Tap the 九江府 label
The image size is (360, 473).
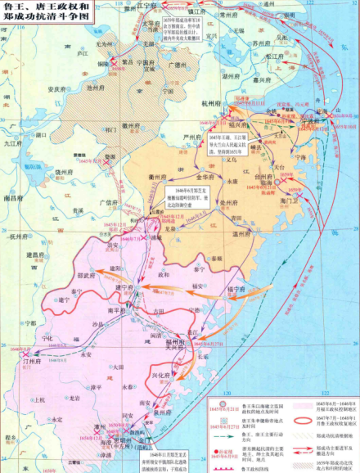14,143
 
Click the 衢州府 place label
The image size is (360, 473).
160,176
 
